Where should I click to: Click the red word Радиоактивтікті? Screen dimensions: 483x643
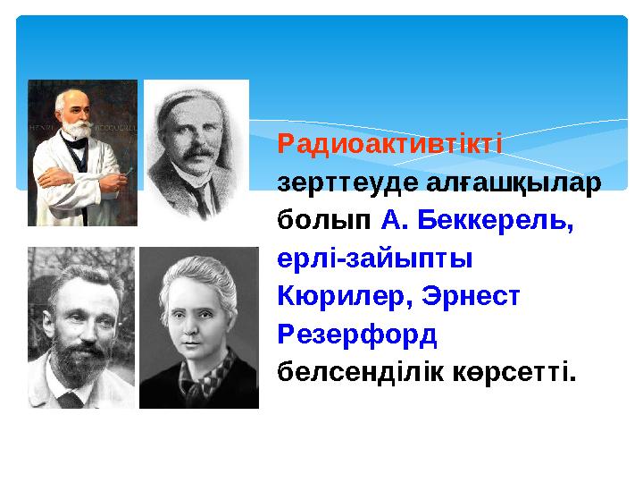point(390,144)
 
